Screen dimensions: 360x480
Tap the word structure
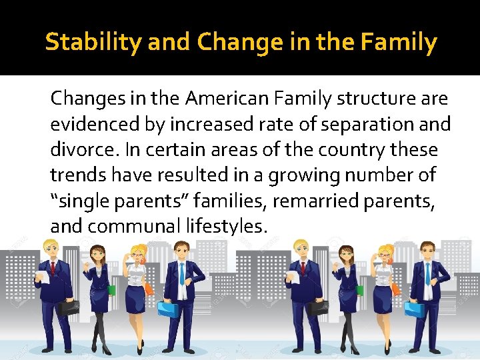tap(375, 99)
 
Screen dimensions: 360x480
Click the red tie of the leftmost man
tap(53, 268)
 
